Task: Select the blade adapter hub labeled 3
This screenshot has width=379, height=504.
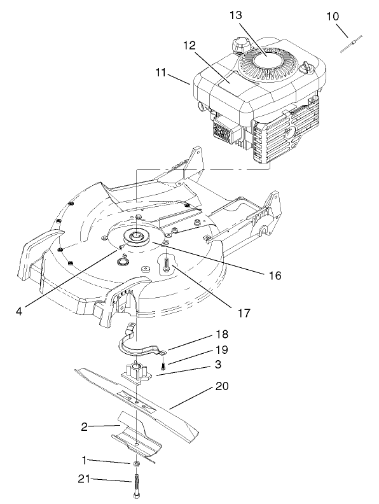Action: click(138, 372)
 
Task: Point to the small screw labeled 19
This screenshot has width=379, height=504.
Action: click(163, 366)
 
